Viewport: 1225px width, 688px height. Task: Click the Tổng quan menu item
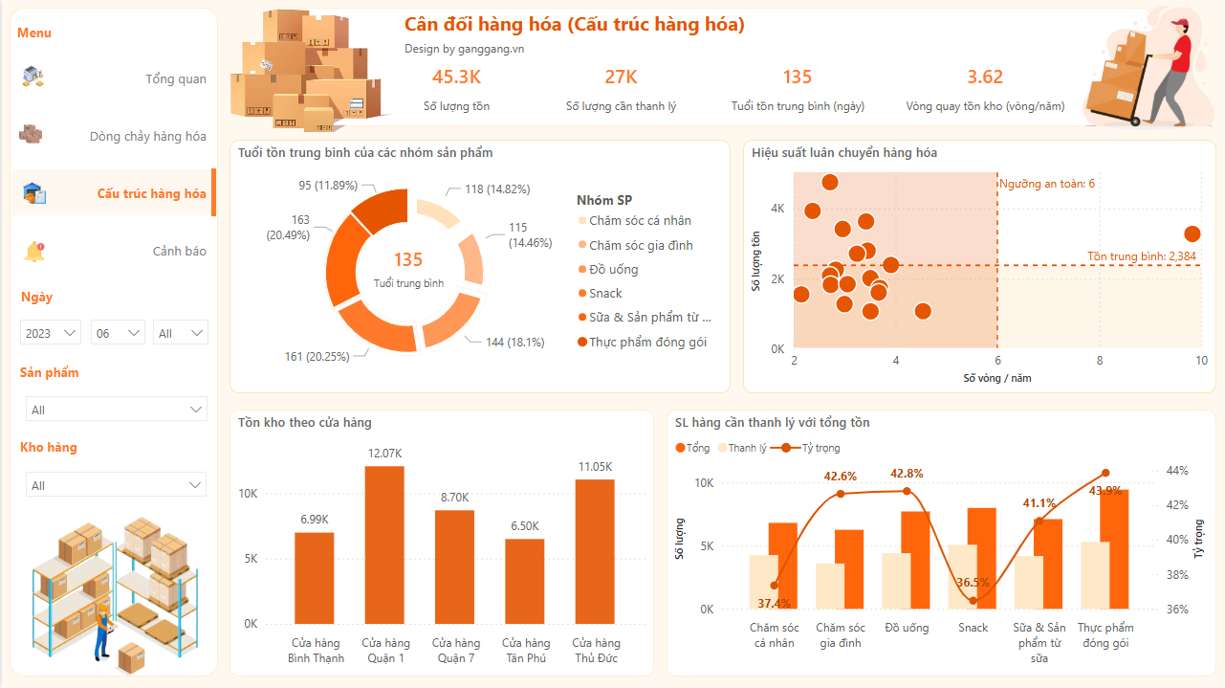[x=175, y=79]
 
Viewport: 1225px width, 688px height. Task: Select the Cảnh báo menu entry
[x=179, y=252]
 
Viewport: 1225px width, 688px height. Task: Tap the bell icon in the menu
[x=34, y=252]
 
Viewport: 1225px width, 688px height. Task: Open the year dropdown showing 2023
[x=52, y=333]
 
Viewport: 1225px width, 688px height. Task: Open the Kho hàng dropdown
[x=116, y=485]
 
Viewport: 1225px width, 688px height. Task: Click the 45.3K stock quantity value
[x=456, y=78]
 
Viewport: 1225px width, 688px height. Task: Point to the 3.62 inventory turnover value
[x=985, y=78]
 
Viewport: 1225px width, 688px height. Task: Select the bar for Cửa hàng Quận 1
[x=384, y=544]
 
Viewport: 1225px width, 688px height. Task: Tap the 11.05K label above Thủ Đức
[x=595, y=466]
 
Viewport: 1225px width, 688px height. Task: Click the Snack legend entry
[x=605, y=294]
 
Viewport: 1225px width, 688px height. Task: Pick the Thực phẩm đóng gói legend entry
[x=647, y=342]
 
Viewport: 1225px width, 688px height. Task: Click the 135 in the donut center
[x=408, y=260]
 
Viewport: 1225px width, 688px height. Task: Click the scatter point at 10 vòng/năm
[x=1192, y=233]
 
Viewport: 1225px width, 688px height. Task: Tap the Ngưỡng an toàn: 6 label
[x=1047, y=184]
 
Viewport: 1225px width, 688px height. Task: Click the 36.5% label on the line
[x=973, y=583]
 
